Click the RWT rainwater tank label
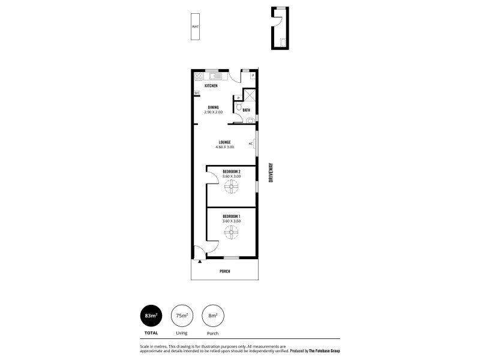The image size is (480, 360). pyautogui.click(x=196, y=27)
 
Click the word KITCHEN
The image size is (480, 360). pyautogui.click(x=211, y=86)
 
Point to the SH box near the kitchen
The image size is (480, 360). pyautogui.click(x=196, y=93)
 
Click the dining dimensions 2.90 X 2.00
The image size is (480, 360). pyautogui.click(x=213, y=112)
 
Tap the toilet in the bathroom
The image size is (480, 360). pyautogui.click(x=239, y=107)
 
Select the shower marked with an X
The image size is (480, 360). pyautogui.click(x=248, y=98)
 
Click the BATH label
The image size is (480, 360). pyautogui.click(x=247, y=110)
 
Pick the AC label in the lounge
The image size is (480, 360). pyautogui.click(x=250, y=143)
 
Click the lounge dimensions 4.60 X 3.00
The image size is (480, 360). pyautogui.click(x=224, y=147)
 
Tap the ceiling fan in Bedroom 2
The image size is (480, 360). pyautogui.click(x=232, y=187)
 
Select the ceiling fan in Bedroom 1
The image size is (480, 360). pyautogui.click(x=232, y=232)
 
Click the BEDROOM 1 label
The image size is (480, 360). pyautogui.click(x=231, y=216)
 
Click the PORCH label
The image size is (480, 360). pyautogui.click(x=224, y=271)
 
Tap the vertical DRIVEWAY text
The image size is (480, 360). pyautogui.click(x=271, y=175)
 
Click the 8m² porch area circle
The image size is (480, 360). pyautogui.click(x=213, y=316)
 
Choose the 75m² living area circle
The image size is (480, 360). pyautogui.click(x=181, y=316)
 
